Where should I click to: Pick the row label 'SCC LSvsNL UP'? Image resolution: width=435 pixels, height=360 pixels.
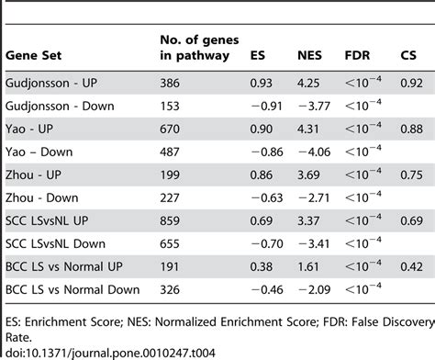51,219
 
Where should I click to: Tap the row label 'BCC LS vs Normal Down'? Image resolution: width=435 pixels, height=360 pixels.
74,290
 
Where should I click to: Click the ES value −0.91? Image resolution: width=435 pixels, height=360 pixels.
263,105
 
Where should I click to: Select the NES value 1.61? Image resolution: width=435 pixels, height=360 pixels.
308,265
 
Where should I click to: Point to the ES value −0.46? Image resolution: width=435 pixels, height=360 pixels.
263,290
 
